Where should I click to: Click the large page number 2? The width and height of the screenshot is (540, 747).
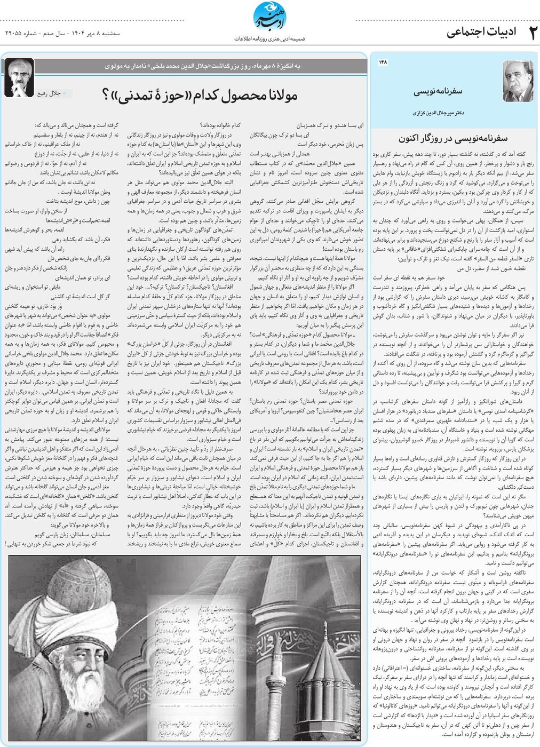[x=529, y=33]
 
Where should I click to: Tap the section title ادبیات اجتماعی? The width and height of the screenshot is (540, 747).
[x=481, y=32]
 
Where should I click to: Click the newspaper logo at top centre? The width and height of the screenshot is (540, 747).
[x=269, y=17]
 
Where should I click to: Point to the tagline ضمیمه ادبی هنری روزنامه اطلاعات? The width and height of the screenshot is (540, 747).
[x=269, y=39]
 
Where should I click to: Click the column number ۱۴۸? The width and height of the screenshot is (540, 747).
[x=383, y=62]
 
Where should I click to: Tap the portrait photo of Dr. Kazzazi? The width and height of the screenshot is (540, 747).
[x=518, y=81]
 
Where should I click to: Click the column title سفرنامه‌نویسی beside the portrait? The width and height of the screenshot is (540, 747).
[x=438, y=91]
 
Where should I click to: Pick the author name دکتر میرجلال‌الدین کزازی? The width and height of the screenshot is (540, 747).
[x=438, y=113]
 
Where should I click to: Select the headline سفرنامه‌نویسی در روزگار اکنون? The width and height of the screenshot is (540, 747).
[x=453, y=138]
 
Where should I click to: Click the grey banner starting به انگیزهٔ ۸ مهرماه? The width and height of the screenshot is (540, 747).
[x=203, y=66]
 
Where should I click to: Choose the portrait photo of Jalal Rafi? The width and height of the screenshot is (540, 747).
[x=19, y=77]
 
